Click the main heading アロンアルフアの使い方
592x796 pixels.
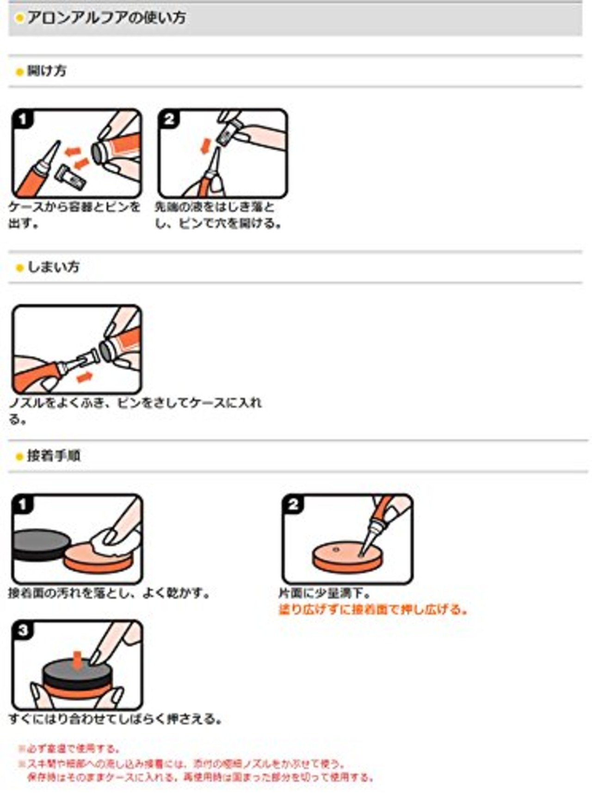click(106, 18)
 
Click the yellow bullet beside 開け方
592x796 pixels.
click(19, 72)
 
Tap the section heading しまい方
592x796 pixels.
click(53, 267)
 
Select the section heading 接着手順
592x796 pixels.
click(54, 456)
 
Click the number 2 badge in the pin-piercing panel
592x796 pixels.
click(169, 119)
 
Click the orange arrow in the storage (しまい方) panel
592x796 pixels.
click(84, 378)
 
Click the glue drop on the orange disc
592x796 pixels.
click(336, 550)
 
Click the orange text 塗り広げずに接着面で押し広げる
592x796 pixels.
click(373, 609)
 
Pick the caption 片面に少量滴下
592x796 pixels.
click(324, 593)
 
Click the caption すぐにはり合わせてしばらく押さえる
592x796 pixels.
click(115, 719)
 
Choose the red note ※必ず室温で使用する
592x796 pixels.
click(69, 748)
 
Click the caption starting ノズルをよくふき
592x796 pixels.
click(135, 403)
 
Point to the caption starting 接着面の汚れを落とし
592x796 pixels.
click(109, 593)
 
